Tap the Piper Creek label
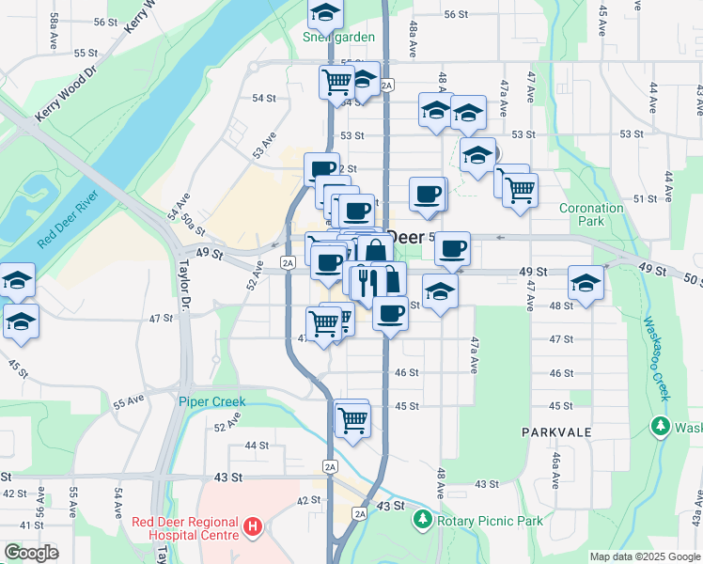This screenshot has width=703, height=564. tap(212, 401)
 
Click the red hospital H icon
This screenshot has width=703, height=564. tap(252, 528)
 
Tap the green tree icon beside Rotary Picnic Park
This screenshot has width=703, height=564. tap(423, 520)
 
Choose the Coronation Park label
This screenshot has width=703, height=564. tap(591, 214)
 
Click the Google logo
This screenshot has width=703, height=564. tap(30, 553)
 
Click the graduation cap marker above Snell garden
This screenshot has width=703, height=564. tap(325, 12)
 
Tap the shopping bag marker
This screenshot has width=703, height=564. tap(375, 251)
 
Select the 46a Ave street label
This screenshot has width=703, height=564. tap(555, 467)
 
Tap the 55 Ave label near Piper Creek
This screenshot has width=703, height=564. tap(130, 402)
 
